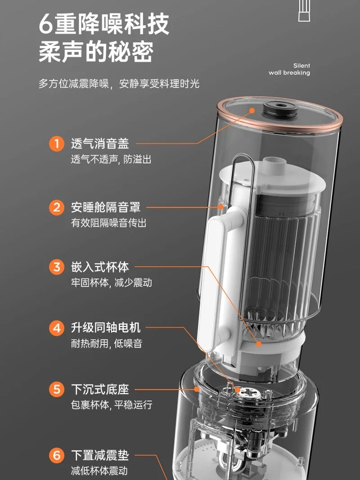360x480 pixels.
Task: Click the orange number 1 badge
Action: [57, 144]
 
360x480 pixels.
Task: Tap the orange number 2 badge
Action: [57, 207]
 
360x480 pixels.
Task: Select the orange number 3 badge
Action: [57, 267]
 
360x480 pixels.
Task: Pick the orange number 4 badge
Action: [57, 328]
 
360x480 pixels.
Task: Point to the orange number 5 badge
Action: [57, 390]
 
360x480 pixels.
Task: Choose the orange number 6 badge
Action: [57, 455]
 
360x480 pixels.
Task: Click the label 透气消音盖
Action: [100, 143]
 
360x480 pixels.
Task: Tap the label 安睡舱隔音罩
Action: [106, 207]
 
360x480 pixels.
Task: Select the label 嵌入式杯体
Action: [100, 267]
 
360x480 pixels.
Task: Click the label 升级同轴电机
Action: [106, 328]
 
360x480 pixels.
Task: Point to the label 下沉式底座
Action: [100, 390]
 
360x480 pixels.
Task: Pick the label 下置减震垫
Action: [100, 455]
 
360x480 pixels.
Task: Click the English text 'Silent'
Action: [301, 66]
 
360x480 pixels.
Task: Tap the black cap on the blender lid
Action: [280, 110]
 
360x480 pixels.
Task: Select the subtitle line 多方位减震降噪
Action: [74, 83]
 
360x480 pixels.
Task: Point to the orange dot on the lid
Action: [252, 111]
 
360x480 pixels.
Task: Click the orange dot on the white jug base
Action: [259, 344]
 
